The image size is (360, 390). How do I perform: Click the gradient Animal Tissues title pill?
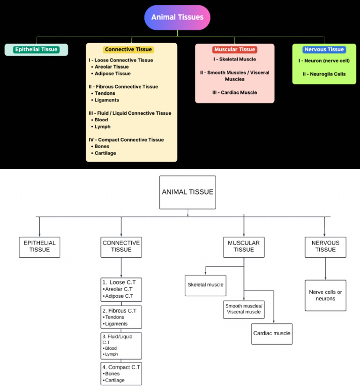pos(177,17)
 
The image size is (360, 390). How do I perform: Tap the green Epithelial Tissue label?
pos(36,49)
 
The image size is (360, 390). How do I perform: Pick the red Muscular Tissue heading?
pos(234,49)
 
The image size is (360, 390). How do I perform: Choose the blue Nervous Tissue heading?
pos(324,49)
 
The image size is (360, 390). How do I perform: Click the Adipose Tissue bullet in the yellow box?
pos(112,74)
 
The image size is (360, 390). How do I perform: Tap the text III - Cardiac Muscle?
pos(234,92)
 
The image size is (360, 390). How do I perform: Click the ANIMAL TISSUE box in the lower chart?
pos(187,192)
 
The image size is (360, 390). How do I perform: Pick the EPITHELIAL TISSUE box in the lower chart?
pos(39,247)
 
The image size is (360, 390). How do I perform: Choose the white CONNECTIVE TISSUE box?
pos(121,247)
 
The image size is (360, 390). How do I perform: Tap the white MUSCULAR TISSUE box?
pos(244,247)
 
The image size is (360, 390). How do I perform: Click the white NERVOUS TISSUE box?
pos(325,247)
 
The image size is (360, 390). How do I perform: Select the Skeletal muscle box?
pos(206,285)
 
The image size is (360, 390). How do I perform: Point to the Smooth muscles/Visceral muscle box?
pos(244,309)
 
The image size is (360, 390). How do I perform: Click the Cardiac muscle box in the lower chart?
pos(272,334)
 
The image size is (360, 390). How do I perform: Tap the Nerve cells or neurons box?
pos(325,295)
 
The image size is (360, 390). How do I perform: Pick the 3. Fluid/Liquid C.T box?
pos(121,346)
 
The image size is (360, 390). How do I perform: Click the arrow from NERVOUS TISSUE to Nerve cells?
pos(325,269)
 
